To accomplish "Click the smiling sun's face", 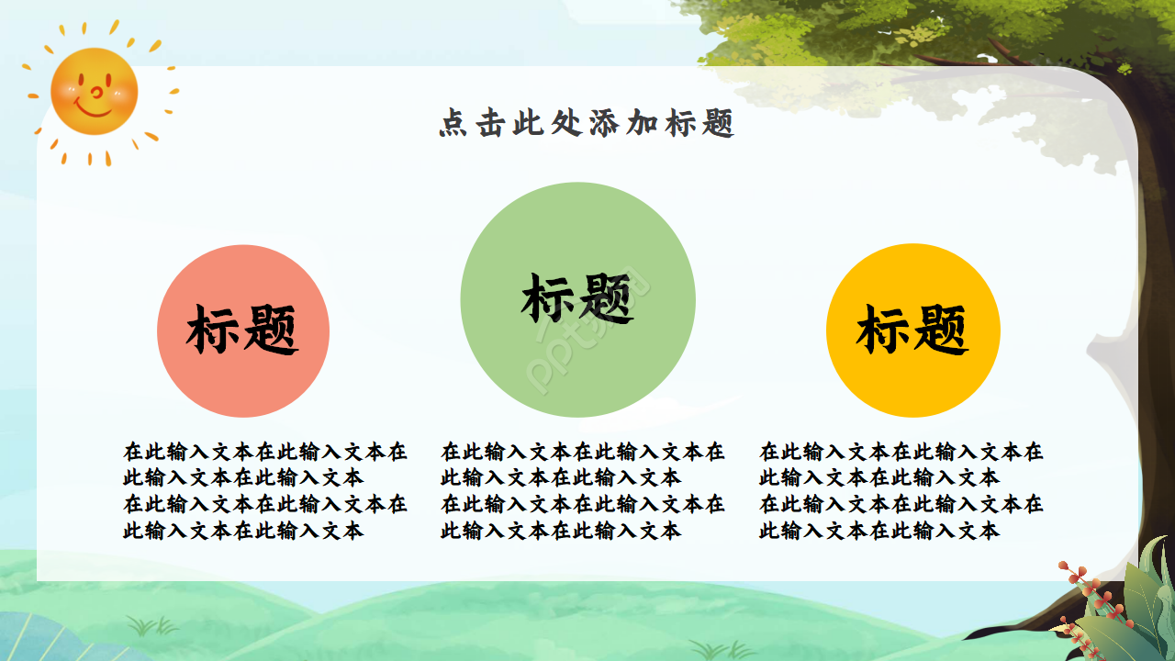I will [x=94, y=91].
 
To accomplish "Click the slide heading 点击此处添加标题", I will [x=587, y=123].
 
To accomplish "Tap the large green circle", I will [x=577, y=367].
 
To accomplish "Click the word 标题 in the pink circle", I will [x=242, y=330].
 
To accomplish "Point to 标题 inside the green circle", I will [x=577, y=298].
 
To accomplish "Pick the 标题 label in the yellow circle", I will [x=912, y=330].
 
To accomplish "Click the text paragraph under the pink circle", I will [x=264, y=491].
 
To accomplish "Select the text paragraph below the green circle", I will [x=582, y=491].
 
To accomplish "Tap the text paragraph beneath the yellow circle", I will [x=901, y=491].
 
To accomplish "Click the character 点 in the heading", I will [x=452, y=124].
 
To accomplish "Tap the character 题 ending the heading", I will [x=721, y=124].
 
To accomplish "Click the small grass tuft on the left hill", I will [x=151, y=628].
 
